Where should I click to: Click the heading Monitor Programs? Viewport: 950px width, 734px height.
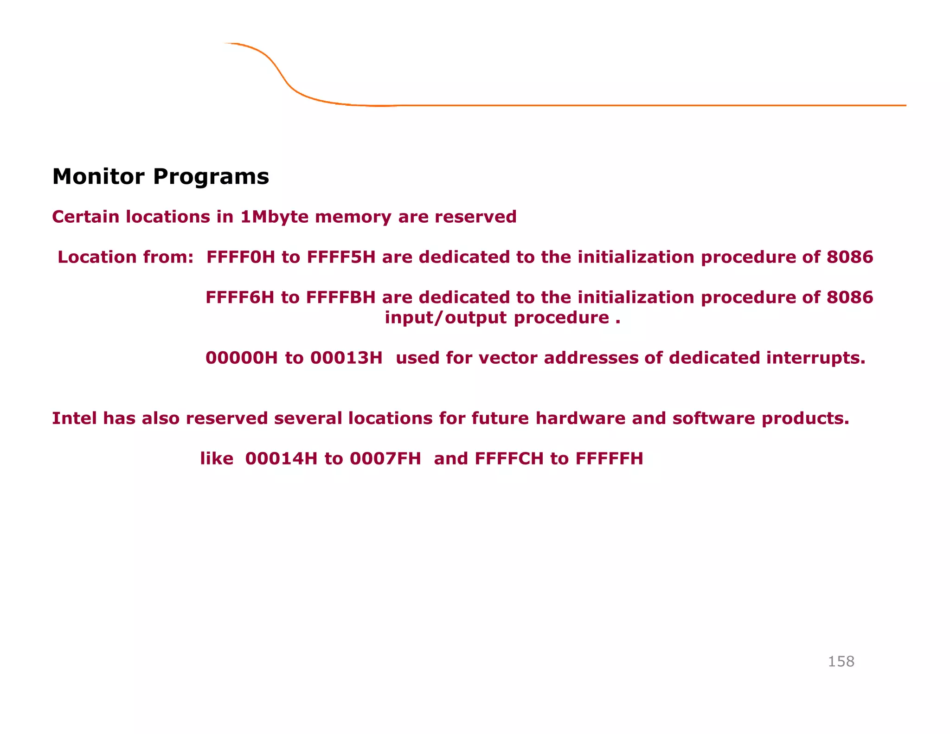coord(160,177)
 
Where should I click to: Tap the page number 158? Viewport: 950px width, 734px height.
coord(841,661)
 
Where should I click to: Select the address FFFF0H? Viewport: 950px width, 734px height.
coord(240,257)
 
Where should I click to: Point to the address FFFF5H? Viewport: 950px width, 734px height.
coord(341,257)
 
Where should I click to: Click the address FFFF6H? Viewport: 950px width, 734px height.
coord(240,297)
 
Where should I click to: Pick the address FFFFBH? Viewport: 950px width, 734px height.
coord(340,297)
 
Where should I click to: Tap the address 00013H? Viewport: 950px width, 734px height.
coord(346,358)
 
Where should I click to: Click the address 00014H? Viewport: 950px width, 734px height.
coord(281,458)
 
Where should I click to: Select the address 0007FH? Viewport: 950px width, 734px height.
coord(385,458)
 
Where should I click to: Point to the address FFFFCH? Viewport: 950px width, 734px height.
coord(509,458)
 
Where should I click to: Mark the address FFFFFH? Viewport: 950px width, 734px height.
coord(609,458)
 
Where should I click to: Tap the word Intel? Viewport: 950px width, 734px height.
coord(74,419)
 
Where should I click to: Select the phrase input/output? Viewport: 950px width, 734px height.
coord(445,318)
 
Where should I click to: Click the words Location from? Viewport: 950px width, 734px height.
coord(125,257)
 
